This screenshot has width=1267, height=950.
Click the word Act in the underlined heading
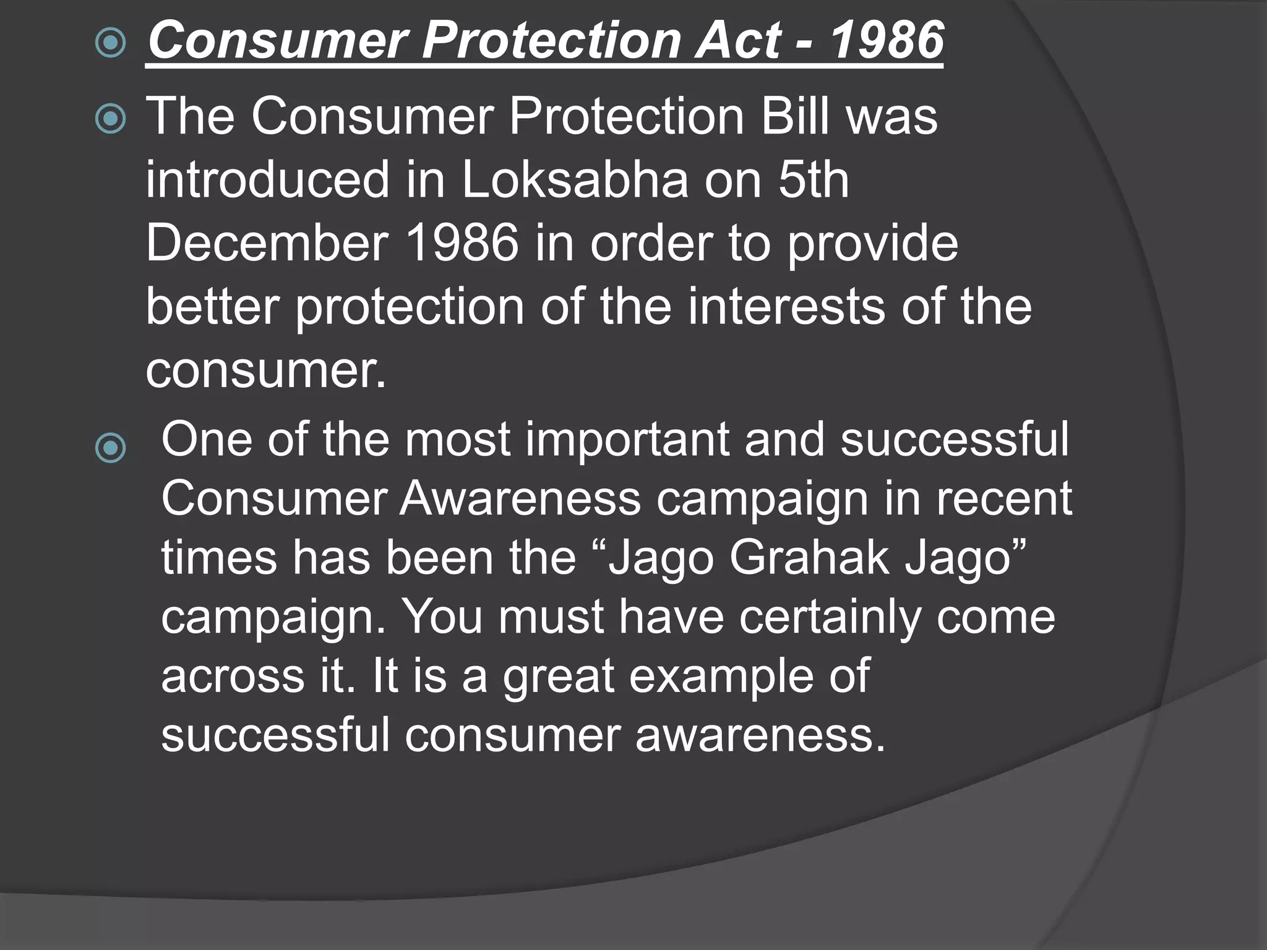click(x=739, y=41)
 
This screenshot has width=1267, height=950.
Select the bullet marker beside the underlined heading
click(x=111, y=43)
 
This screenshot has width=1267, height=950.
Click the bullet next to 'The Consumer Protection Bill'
click(x=111, y=119)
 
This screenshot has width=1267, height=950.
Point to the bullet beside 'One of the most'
click(x=111, y=448)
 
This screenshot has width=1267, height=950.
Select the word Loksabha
click(x=575, y=180)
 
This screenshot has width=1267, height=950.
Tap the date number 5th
click(x=813, y=180)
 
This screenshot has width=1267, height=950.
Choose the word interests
click(x=786, y=307)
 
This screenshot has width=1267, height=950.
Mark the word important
click(x=629, y=440)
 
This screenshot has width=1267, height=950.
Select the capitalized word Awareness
click(x=520, y=499)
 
